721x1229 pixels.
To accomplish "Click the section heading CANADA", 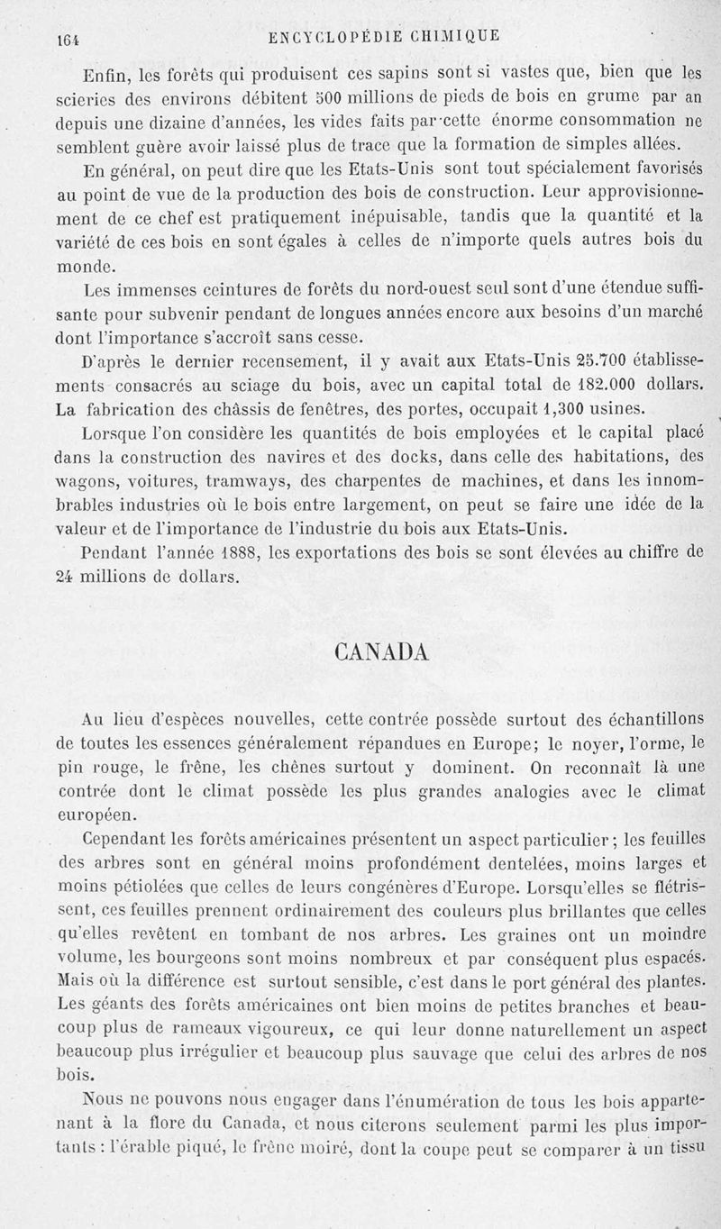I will click(380, 651).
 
